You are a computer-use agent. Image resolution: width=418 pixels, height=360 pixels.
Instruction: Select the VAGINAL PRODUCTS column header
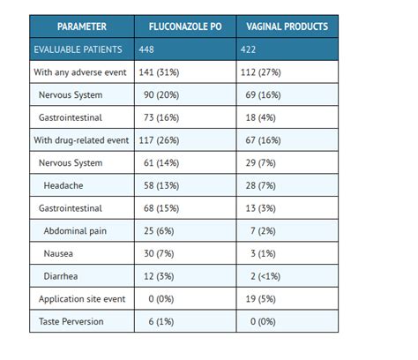coord(287,26)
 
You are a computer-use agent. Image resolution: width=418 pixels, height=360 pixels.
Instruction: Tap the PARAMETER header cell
coord(81,26)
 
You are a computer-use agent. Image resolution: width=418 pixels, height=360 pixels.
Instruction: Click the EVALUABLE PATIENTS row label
coord(78,49)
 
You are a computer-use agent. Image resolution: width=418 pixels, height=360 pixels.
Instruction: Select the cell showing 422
coord(257,49)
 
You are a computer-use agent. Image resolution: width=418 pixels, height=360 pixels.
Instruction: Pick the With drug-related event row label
coord(81,140)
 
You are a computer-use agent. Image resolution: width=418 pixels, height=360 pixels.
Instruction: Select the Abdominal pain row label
coord(77,230)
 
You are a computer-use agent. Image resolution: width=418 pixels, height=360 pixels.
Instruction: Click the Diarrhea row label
coord(63,276)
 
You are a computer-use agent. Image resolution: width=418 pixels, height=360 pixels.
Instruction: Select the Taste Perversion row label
coord(71,321)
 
